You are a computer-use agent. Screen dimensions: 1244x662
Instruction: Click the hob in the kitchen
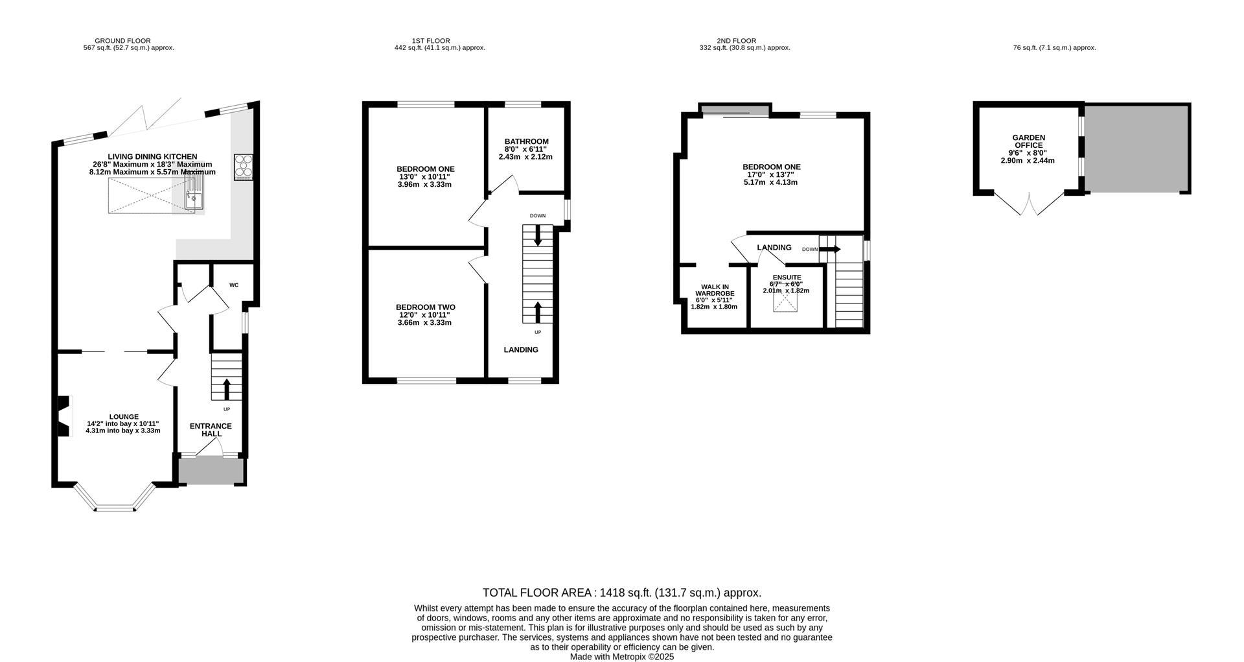[x=244, y=167]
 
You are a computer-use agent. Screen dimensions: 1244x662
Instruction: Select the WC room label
[x=234, y=285]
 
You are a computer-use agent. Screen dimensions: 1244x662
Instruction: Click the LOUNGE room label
[x=124, y=417]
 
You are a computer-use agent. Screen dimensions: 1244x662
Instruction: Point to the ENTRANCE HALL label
[x=211, y=430]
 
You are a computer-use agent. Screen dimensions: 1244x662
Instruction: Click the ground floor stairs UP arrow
[x=226, y=389]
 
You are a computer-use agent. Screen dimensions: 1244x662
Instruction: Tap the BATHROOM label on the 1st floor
[x=527, y=141]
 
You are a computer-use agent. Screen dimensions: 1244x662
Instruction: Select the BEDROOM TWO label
[x=426, y=307]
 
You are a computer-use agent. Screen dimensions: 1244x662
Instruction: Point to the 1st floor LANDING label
[x=521, y=349]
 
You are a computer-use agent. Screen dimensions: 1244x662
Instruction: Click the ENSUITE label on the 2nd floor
[x=787, y=278]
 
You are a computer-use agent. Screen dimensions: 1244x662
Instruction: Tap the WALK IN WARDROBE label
[x=715, y=290]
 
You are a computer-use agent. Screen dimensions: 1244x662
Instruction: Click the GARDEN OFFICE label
[x=1029, y=141]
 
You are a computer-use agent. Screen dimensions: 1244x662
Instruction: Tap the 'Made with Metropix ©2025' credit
[x=622, y=657]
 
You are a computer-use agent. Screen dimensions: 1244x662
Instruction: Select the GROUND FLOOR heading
[x=122, y=41]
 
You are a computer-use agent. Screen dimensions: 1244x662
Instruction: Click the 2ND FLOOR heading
[x=737, y=41]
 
